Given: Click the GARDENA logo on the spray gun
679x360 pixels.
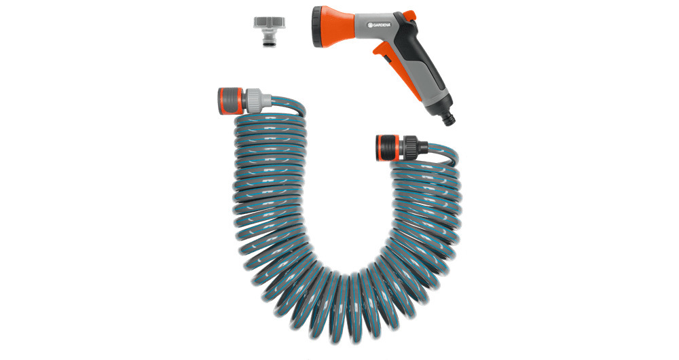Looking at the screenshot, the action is tap(379, 26).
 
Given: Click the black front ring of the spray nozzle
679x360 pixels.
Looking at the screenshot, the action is tap(316, 28).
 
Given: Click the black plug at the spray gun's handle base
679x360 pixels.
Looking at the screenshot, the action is tap(447, 116).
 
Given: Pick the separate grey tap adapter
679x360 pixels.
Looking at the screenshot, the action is tap(270, 31).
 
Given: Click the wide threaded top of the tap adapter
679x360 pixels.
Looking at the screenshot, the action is tap(270, 22).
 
